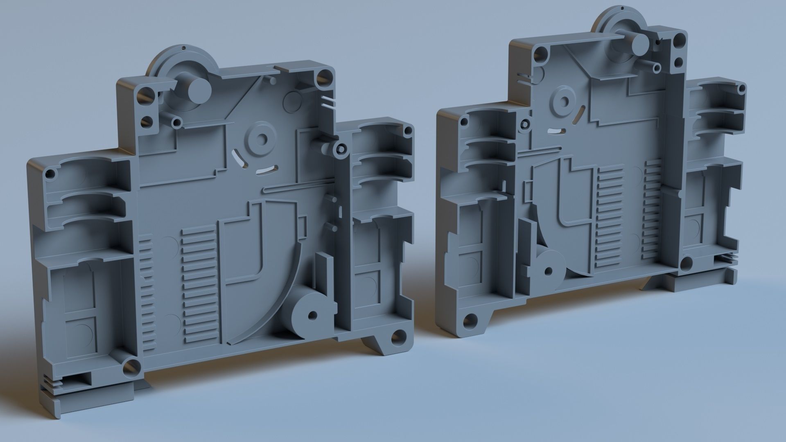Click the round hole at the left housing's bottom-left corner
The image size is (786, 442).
131,365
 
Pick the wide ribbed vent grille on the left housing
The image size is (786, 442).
198,282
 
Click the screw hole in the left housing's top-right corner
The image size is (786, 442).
321,77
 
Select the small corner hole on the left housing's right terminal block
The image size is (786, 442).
407,131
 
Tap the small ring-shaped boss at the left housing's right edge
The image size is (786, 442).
340,149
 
